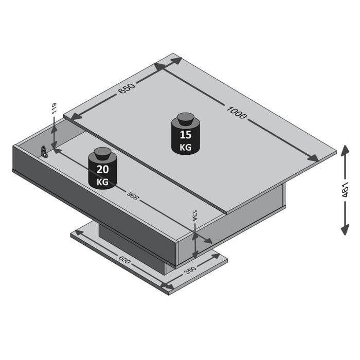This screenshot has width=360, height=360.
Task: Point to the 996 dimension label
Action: point(134,194)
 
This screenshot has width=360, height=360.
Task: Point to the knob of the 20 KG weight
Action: point(102,154)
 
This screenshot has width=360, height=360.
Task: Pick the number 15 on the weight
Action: point(185,136)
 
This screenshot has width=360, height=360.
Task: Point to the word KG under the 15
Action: point(185,147)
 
